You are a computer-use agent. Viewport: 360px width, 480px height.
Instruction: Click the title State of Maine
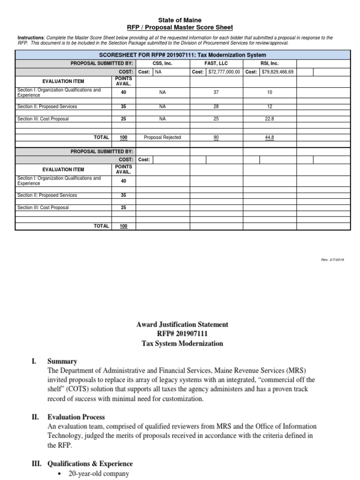(180, 20)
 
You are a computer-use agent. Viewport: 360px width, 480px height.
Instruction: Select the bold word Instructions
(31, 37)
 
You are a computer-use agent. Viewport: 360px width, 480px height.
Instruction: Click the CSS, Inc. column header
(163, 62)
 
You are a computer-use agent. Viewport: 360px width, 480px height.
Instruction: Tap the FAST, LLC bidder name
(216, 62)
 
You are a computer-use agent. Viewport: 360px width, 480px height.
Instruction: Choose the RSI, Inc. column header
(270, 62)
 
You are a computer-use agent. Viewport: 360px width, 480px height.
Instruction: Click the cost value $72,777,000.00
(223, 72)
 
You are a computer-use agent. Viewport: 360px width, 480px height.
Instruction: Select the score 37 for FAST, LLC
(216, 93)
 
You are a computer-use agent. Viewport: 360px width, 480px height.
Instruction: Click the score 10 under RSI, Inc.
(270, 93)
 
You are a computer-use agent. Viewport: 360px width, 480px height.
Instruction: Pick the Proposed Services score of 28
(216, 106)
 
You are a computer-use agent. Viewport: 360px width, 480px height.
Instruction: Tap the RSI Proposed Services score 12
(270, 106)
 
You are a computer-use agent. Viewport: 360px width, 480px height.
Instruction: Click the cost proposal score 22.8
(270, 119)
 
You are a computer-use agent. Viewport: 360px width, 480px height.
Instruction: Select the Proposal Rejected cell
(162, 137)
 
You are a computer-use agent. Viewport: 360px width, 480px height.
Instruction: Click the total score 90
(216, 137)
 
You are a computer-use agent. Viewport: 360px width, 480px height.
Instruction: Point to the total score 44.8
(270, 137)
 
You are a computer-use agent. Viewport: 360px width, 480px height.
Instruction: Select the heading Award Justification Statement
(182, 324)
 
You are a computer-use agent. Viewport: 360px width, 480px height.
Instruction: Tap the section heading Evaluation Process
(76, 417)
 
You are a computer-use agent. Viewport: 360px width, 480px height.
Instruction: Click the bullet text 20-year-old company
(98, 474)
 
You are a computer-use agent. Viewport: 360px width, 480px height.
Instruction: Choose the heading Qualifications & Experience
(90, 464)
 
